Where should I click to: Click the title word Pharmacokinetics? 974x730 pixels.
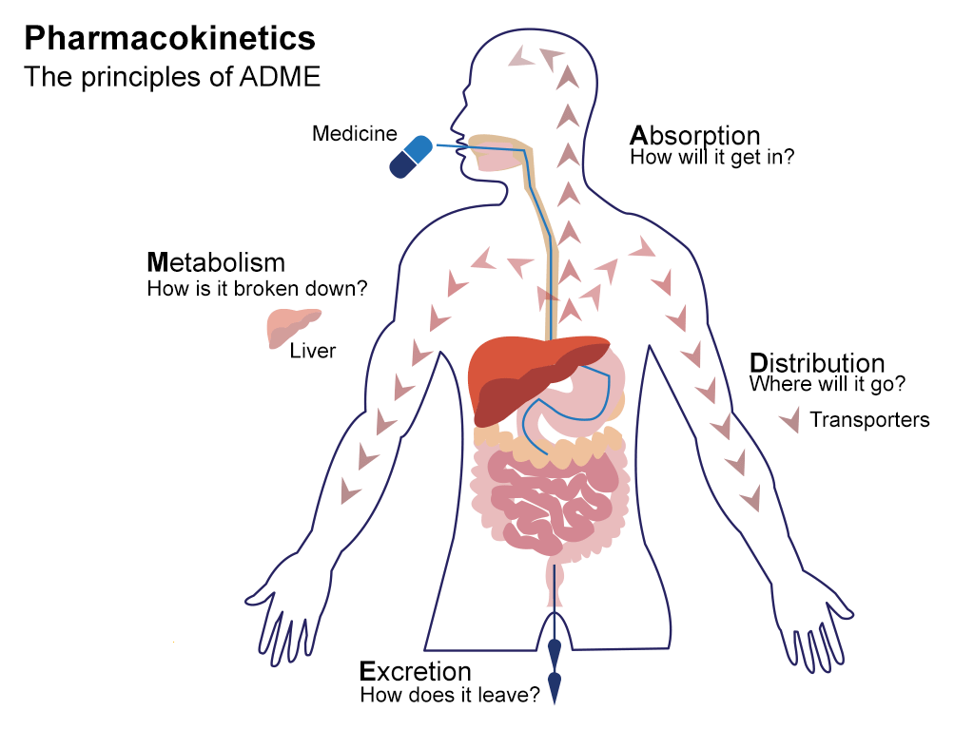tap(169, 39)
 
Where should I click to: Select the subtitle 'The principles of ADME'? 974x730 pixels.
tap(172, 76)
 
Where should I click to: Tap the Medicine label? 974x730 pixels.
tap(354, 134)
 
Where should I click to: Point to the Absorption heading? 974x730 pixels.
tap(695, 135)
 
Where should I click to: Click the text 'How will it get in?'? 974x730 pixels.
tap(711, 158)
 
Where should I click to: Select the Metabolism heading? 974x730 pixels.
tap(216, 261)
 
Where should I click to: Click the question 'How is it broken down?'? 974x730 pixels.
tap(257, 287)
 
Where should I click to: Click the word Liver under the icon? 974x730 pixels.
tap(313, 352)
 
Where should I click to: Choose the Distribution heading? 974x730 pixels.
tap(817, 363)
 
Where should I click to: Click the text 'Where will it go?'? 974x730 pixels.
tap(827, 385)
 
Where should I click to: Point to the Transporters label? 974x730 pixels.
tap(869, 419)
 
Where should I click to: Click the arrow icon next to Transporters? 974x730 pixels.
tap(789, 420)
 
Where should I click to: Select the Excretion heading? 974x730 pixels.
tap(415, 672)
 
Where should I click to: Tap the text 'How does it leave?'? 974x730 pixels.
tap(450, 696)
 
